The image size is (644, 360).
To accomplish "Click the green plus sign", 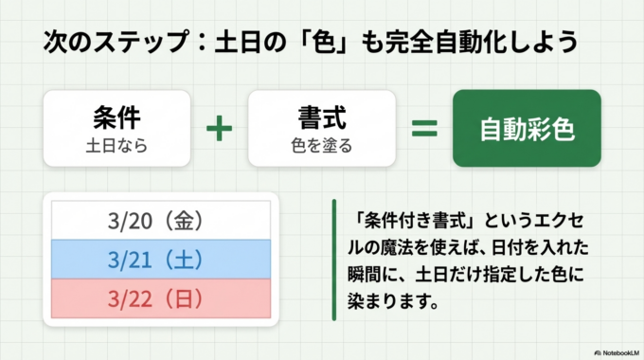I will (x=219, y=128).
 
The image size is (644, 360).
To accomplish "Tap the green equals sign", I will (x=423, y=128).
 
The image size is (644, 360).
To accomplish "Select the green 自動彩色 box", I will (x=527, y=128).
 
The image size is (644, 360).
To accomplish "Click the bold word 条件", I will (x=117, y=117).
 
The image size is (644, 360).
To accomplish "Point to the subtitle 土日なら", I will (x=117, y=147).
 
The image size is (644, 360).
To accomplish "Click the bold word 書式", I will (x=321, y=117).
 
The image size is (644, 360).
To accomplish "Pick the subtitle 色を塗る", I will (x=321, y=147).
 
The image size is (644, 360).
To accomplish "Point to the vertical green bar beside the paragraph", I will (x=333, y=260).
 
